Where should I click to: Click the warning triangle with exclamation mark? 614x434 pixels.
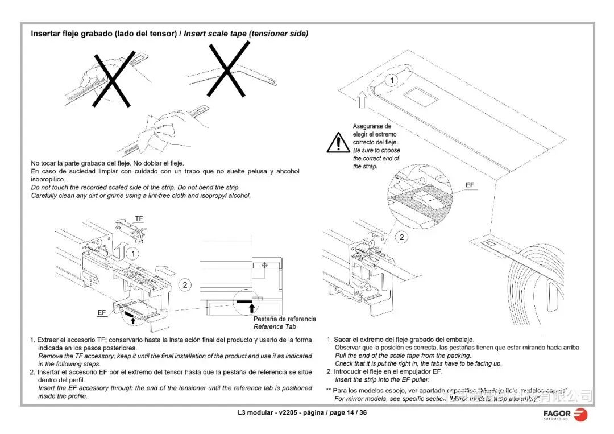(x=338, y=142)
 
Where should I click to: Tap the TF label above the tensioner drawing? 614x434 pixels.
(x=139, y=218)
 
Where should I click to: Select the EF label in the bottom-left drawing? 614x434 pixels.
(x=101, y=312)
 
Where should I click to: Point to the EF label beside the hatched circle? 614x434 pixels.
(x=470, y=185)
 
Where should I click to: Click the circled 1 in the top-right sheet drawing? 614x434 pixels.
(x=391, y=81)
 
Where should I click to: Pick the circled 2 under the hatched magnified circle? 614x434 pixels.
(x=402, y=237)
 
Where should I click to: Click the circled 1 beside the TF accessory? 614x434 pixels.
(x=131, y=253)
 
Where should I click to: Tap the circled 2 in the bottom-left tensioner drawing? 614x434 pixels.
(x=185, y=284)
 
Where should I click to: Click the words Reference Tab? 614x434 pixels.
(x=275, y=326)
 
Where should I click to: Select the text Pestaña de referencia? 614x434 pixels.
(x=284, y=319)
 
